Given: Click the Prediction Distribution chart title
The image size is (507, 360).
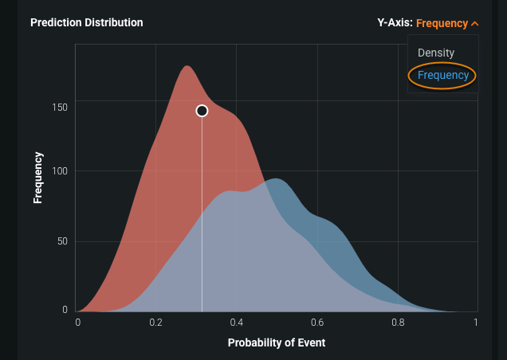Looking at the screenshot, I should (x=86, y=22).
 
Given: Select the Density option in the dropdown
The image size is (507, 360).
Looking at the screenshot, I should (x=436, y=53).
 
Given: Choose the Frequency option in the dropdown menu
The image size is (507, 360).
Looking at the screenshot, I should (x=442, y=76).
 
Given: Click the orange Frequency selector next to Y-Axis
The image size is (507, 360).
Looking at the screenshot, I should (x=442, y=23).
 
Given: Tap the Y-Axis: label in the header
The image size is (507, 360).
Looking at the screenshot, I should (x=395, y=23).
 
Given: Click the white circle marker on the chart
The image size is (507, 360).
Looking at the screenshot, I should (x=202, y=111).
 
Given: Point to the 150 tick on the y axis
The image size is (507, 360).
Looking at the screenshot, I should (x=60, y=107).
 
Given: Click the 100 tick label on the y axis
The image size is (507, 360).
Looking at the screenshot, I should (x=60, y=170).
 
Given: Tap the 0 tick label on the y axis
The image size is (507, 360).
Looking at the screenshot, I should (x=65, y=309).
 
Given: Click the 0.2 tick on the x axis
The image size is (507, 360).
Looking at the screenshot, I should (x=156, y=323).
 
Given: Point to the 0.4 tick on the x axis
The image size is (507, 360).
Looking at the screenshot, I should (x=237, y=323).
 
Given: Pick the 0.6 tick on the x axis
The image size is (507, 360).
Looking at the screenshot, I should (x=316, y=323).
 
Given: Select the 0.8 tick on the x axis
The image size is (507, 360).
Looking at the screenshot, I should (x=397, y=323).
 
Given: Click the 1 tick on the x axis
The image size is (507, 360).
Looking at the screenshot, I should (x=475, y=323).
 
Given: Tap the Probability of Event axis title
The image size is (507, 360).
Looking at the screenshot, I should (x=277, y=342).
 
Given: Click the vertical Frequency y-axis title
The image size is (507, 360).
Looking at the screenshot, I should (x=37, y=177).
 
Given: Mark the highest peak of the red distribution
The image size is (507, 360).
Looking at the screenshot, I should (x=187, y=66).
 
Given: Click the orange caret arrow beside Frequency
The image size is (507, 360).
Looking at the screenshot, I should (x=475, y=23).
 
